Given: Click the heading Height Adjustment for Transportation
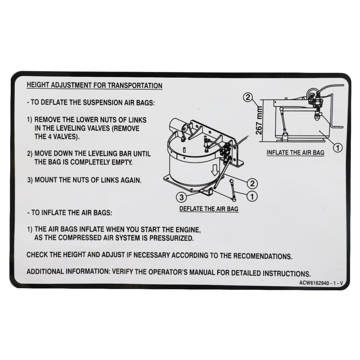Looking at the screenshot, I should [x=94, y=85].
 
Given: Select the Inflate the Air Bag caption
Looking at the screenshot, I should [x=295, y=153].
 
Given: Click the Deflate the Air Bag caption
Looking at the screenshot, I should [x=208, y=209].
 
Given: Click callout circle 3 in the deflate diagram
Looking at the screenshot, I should [x=182, y=197].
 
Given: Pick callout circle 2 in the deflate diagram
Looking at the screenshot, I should [x=252, y=184].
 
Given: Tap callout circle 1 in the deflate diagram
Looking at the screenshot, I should [x=252, y=196].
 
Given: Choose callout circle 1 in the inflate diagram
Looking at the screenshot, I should [x=338, y=147].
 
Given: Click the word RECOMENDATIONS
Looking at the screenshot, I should [x=262, y=256].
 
